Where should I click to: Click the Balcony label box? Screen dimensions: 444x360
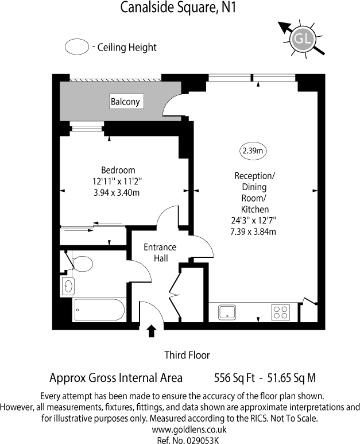coord(125,102)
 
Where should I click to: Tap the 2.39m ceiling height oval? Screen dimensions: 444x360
coord(252,152)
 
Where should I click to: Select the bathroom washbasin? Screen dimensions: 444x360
coord(68,285)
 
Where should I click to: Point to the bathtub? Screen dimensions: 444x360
coord(99,310)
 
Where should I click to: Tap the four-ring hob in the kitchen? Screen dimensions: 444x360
coord(281,312)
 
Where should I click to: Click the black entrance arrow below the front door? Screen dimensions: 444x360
coord(152,331)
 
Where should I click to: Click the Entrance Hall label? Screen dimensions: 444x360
coord(160,253)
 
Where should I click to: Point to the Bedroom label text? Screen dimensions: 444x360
coord(118,170)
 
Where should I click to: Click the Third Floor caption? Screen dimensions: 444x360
coord(187,355)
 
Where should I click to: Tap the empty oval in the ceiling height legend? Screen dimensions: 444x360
coord(76,47)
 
